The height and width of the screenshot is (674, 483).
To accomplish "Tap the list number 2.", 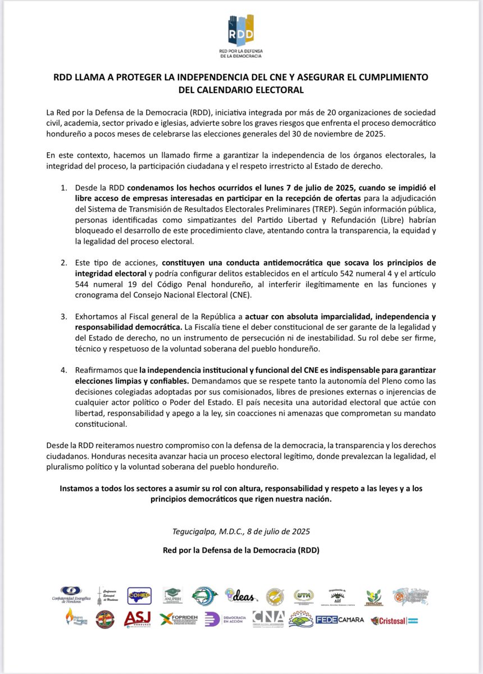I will point(64,262).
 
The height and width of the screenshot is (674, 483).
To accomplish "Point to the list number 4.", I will point(64,371).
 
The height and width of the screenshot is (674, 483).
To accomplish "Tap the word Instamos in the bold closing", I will point(78,489).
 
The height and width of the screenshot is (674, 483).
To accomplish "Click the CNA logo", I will point(268,618).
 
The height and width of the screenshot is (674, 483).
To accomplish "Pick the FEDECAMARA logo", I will point(340,620).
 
